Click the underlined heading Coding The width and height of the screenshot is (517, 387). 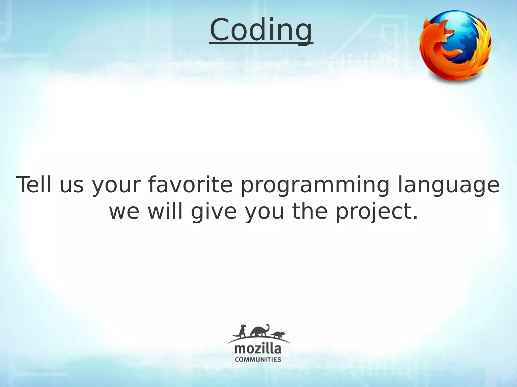tap(261, 30)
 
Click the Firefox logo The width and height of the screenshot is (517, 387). tap(455, 46)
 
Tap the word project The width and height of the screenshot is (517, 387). tap(376, 212)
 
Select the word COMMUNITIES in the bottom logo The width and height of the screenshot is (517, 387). tap(258, 359)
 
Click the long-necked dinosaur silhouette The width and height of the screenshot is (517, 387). tap(260, 331)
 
